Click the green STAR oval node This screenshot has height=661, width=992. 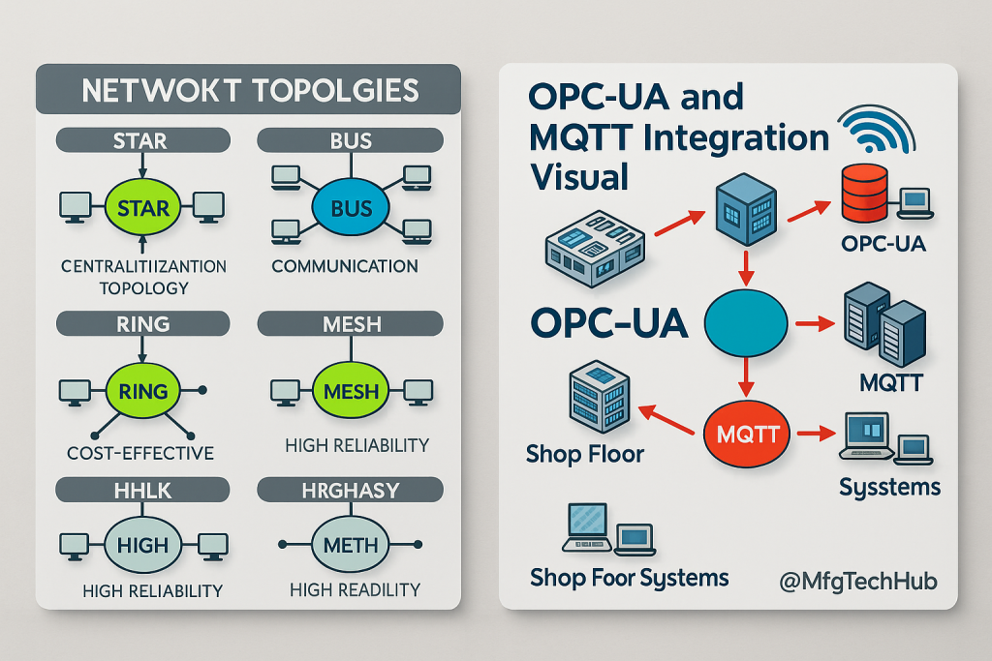tap(142, 207)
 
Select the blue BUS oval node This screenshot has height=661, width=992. tap(351, 207)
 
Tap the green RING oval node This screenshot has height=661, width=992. tap(142, 392)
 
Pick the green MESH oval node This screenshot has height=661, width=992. tap(351, 392)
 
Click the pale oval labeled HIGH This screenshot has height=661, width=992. tap(142, 544)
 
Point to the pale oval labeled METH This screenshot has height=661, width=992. tap(351, 544)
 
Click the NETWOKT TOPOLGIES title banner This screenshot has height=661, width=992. tap(249, 90)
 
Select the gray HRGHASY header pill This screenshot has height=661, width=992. tap(351, 491)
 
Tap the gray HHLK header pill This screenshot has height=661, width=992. tap(142, 491)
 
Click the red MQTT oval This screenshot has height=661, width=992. tap(748, 433)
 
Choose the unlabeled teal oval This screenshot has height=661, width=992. tap(748, 325)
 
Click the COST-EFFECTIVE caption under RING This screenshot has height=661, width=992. tap(141, 453)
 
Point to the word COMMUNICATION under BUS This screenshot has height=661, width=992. tap(345, 266)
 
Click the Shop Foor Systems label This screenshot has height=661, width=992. tap(629, 578)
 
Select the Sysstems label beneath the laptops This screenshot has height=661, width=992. tap(888, 486)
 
